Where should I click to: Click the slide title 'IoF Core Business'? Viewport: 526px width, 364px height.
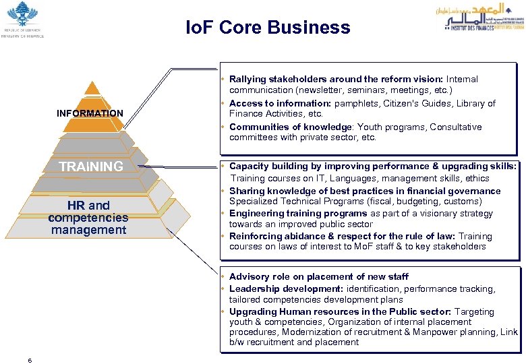pyautogui.click(x=268, y=28)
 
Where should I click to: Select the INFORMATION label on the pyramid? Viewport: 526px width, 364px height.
pyautogui.click(x=90, y=113)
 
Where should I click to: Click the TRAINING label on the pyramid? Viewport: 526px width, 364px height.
pyautogui.click(x=90, y=166)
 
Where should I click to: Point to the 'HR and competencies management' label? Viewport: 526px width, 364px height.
pyautogui.click(x=88, y=218)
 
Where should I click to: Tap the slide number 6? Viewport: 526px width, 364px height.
pyautogui.click(x=30, y=360)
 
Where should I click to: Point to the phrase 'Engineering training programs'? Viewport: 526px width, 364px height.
pyautogui.click(x=298, y=214)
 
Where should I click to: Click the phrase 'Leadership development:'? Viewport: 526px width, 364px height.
pyautogui.click(x=286, y=289)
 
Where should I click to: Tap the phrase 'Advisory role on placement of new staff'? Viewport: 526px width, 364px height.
pyautogui.click(x=318, y=276)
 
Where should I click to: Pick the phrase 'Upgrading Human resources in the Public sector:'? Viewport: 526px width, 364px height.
pyautogui.click(x=340, y=311)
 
